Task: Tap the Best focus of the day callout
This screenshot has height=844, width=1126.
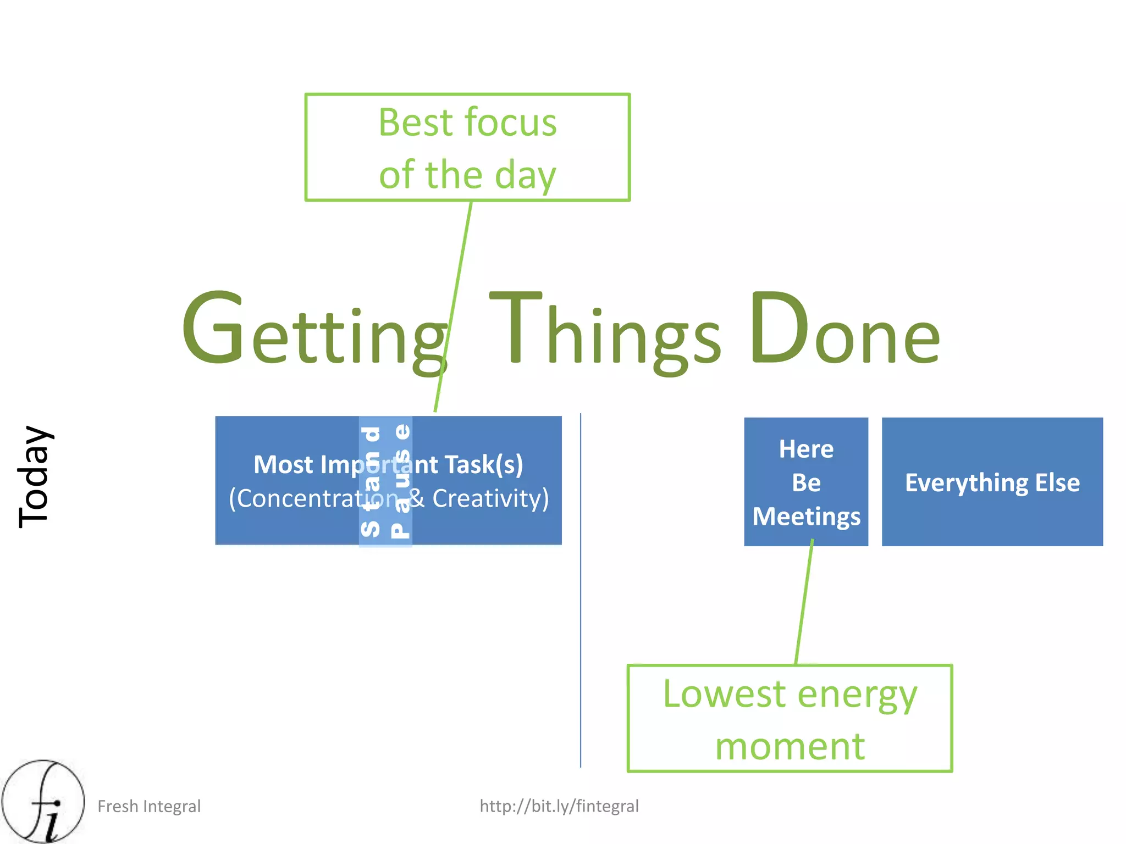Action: click(x=467, y=147)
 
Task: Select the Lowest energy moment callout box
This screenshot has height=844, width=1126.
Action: click(x=790, y=718)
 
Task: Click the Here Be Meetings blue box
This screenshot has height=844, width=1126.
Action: click(x=806, y=481)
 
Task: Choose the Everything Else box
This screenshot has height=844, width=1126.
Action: click(x=992, y=482)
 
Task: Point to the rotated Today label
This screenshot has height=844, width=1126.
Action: click(x=35, y=476)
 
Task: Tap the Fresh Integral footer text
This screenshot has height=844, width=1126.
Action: click(x=149, y=806)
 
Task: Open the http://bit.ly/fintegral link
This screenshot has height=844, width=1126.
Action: click(x=559, y=806)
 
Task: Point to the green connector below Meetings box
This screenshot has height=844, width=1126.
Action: click(x=804, y=604)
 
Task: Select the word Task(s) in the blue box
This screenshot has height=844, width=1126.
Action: click(x=484, y=465)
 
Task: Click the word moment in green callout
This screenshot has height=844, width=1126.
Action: click(x=790, y=746)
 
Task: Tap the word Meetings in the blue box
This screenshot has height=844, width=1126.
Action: click(x=806, y=517)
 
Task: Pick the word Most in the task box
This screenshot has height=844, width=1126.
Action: click(x=283, y=465)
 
